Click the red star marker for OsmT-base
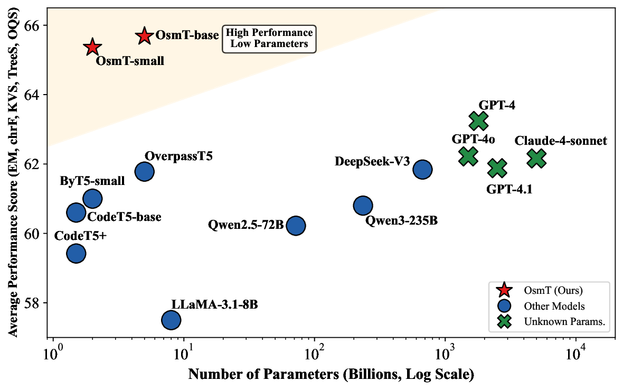point(144,36)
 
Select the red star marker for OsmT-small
point(92,47)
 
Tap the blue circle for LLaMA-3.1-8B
point(171,319)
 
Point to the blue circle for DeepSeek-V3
point(422,169)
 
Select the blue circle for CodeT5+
point(76,254)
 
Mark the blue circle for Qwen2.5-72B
point(296,226)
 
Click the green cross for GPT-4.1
point(497,168)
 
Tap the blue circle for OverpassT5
point(144,171)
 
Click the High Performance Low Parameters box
point(269,39)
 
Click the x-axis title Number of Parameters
point(331,375)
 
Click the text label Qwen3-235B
point(401,221)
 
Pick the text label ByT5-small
point(92,181)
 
